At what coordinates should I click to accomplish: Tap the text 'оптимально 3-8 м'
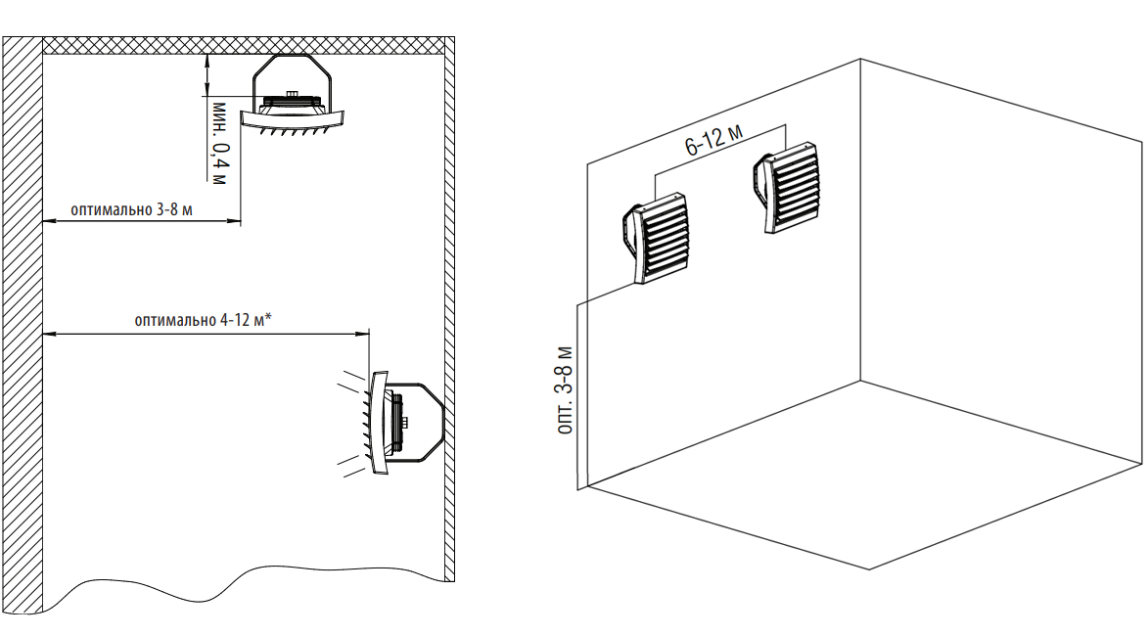pos(131,209)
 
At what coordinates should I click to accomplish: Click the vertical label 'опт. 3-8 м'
pos(563,390)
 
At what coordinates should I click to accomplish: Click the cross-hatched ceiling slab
pos(245,46)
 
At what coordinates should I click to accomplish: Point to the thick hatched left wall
pos(22,323)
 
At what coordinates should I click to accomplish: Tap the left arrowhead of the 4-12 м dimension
pos(49,335)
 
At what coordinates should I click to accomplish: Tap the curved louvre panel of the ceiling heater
pos(294,120)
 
